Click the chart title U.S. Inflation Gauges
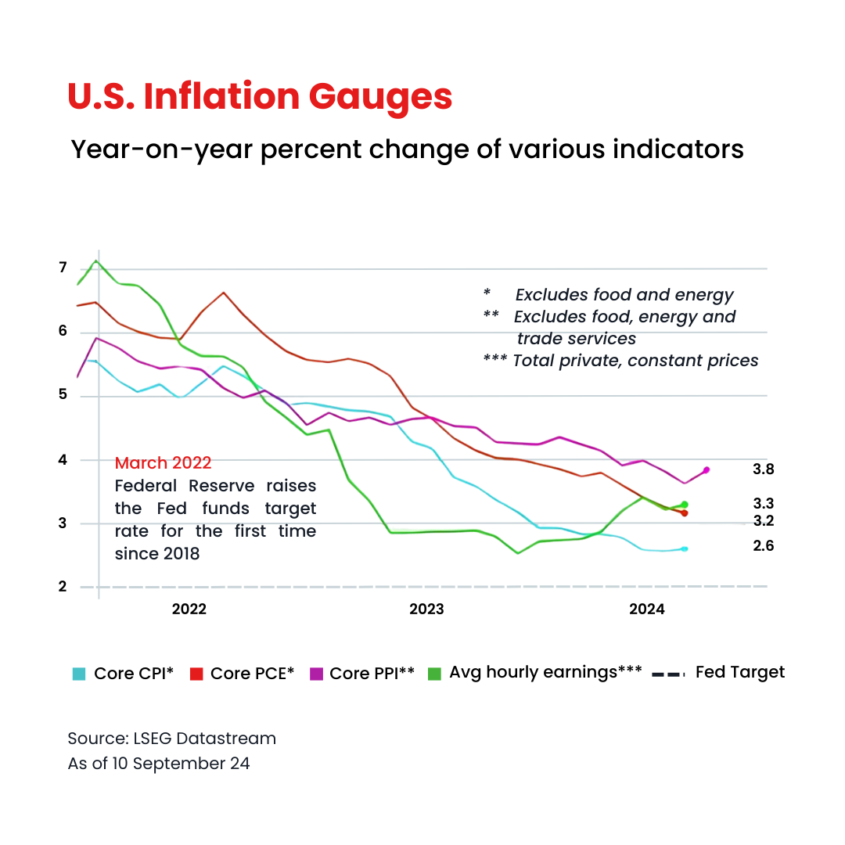coord(260,96)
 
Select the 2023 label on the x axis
coord(426,609)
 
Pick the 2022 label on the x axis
coord(189,609)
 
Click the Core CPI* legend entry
coord(124,673)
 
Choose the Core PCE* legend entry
coord(243,673)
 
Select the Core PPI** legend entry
coord(363,673)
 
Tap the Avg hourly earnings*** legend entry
coord(535,672)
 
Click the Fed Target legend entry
coord(719,672)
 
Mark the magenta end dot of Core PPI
coord(706,469)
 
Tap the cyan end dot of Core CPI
coord(685,548)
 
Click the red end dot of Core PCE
coord(685,513)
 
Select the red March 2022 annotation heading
coord(163,463)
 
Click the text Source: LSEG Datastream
coord(171,739)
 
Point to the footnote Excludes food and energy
coord(624,295)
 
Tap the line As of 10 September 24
coord(159,764)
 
